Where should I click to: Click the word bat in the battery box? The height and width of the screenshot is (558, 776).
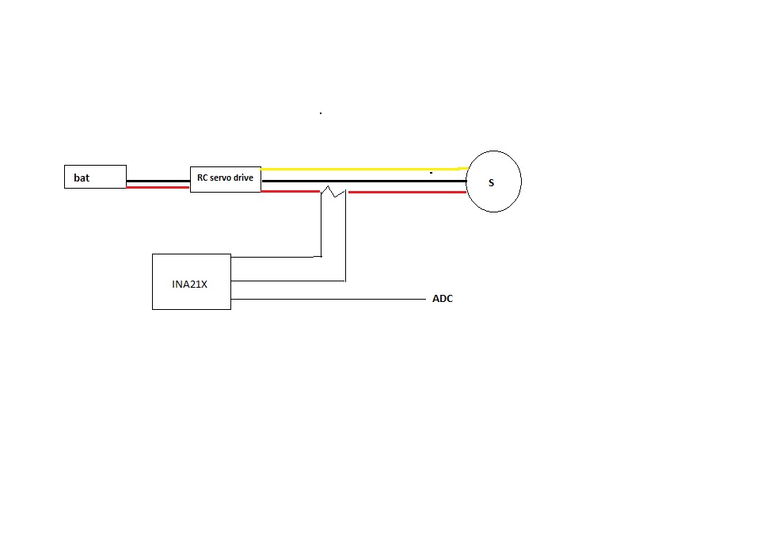[82, 178]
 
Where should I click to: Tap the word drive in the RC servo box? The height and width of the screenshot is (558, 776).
[244, 178]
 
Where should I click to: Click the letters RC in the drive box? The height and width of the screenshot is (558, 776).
[202, 178]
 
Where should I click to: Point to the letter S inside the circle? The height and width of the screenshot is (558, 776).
[492, 183]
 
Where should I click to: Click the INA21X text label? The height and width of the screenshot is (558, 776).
[189, 285]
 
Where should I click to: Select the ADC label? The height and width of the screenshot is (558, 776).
[443, 299]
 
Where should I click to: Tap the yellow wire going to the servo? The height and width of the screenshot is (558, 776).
[364, 169]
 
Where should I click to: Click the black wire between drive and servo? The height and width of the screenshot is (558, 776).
[364, 181]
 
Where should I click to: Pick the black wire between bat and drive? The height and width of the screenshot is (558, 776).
[158, 181]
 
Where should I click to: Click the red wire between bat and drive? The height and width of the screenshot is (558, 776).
[158, 187]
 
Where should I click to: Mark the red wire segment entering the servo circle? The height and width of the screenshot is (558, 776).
[407, 192]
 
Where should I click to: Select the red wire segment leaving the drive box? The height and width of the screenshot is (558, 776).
[291, 191]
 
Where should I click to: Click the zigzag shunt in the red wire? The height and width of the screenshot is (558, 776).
[333, 192]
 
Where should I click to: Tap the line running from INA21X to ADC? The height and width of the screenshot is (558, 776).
[328, 300]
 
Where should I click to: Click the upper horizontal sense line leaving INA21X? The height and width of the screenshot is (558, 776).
[276, 257]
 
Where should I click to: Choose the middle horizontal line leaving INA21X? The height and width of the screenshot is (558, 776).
[288, 281]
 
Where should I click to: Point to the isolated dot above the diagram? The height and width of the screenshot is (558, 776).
[321, 113]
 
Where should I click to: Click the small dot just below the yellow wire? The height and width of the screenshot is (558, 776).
[431, 173]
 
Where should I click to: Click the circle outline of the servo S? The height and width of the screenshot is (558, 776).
[466, 182]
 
